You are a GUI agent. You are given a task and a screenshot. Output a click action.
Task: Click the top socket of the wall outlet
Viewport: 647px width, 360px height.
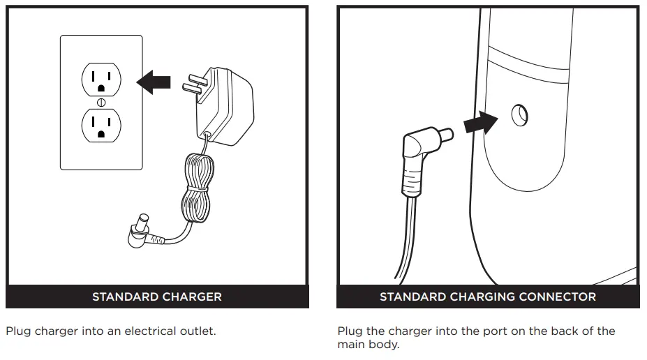[101, 80]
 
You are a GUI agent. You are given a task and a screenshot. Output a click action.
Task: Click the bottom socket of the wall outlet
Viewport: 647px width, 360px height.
[101, 126]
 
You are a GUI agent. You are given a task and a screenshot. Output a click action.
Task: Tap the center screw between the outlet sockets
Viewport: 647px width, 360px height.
[101, 103]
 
